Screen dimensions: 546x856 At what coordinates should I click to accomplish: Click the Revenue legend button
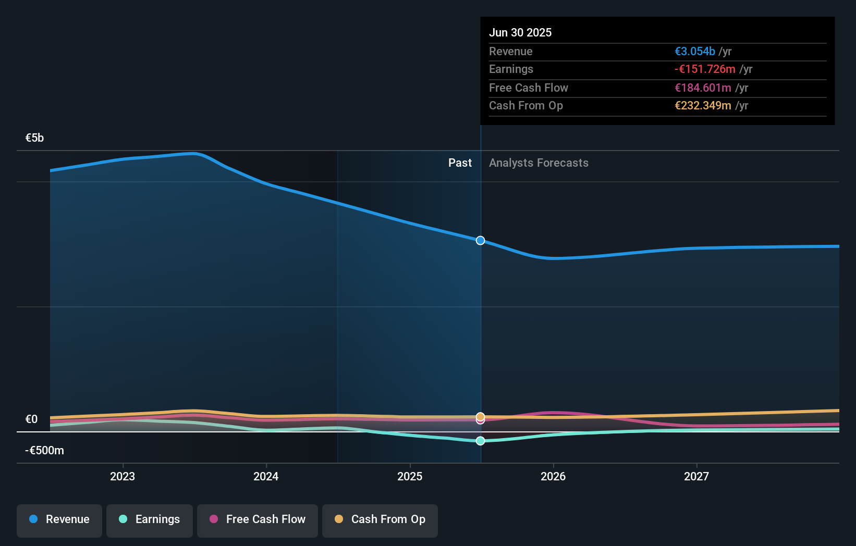[x=59, y=519]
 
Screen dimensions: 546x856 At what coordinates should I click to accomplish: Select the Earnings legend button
[x=150, y=519]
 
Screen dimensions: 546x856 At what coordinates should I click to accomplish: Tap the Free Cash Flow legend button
[x=258, y=519]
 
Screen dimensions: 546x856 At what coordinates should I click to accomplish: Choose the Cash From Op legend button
[x=380, y=519]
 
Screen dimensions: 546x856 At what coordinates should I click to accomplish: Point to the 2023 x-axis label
[x=123, y=476]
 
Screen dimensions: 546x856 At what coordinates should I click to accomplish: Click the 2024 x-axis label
[x=266, y=476]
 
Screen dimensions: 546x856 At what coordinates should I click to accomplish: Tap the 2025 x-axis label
[x=410, y=476]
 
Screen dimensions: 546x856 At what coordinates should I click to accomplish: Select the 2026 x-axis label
[x=553, y=476]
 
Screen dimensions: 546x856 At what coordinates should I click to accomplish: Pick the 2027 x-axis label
[x=696, y=476]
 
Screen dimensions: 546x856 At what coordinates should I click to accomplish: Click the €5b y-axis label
[x=34, y=138]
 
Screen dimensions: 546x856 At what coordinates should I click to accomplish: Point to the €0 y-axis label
[x=31, y=419]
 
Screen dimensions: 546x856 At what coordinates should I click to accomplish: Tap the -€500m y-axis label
[x=44, y=451]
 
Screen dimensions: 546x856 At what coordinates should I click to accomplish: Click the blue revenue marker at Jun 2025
[x=480, y=240]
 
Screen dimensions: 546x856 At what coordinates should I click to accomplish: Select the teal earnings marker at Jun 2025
[x=480, y=441]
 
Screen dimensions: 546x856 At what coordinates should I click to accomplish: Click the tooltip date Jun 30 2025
[x=520, y=32]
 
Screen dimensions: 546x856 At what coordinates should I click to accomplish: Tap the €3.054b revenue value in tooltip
[x=695, y=51]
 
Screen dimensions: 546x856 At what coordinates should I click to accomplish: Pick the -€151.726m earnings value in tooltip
[x=705, y=69]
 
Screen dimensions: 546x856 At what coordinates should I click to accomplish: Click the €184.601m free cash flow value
[x=703, y=88]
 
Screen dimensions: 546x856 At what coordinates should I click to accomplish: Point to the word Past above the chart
[x=460, y=163]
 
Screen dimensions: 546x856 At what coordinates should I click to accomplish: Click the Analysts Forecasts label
[x=539, y=163]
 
